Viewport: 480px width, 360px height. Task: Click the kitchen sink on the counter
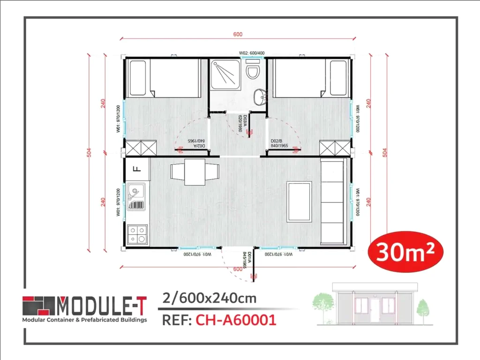(136, 198)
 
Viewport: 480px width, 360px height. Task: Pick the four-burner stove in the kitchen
(137, 234)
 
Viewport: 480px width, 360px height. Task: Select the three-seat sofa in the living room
(334, 202)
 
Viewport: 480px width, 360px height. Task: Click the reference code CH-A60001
(235, 320)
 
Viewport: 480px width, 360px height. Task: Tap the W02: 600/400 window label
(252, 53)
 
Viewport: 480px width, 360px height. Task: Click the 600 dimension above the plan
(238, 34)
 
